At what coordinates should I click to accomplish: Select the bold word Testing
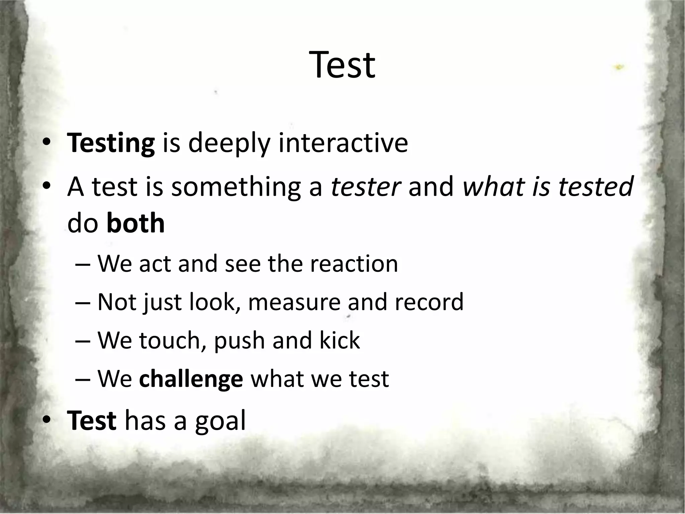click(111, 143)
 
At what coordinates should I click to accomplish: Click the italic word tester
click(366, 186)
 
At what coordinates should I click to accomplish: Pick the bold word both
click(135, 224)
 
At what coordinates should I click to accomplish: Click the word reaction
click(354, 264)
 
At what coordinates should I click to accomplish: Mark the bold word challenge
click(191, 379)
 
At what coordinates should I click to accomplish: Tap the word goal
click(220, 421)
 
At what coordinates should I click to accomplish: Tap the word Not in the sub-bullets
click(117, 302)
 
